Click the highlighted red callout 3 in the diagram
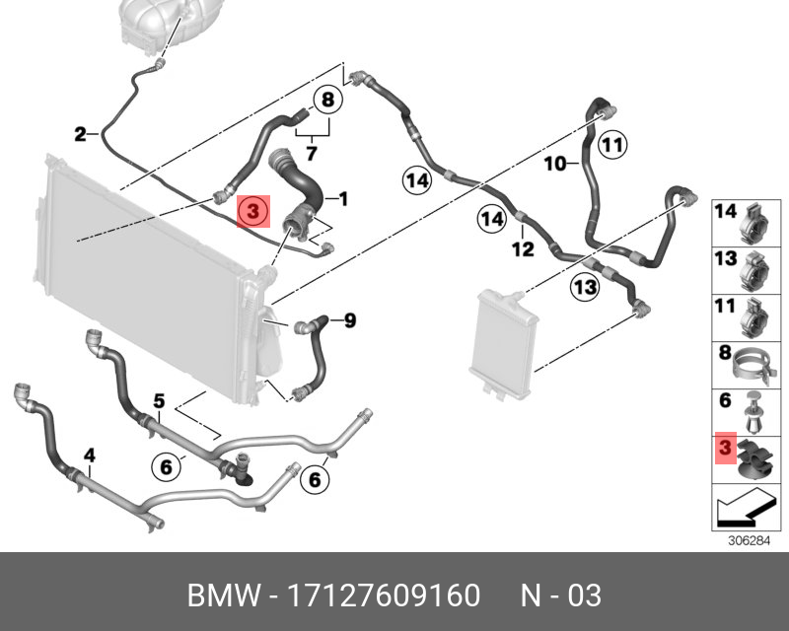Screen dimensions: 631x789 coord(251,211)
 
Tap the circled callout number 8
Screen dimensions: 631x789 coord(327,100)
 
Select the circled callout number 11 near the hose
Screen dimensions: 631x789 coord(612,146)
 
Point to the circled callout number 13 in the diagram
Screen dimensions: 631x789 coord(585,286)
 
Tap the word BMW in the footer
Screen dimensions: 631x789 coord(219,596)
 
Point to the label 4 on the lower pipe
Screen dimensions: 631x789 coord(89,456)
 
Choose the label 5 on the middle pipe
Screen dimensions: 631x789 coord(158,401)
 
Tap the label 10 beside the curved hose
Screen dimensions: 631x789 coord(554,164)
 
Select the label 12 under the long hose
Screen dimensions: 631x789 coord(523,248)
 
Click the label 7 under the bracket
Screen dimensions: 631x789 coord(311,153)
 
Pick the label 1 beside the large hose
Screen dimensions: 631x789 coord(344,200)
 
